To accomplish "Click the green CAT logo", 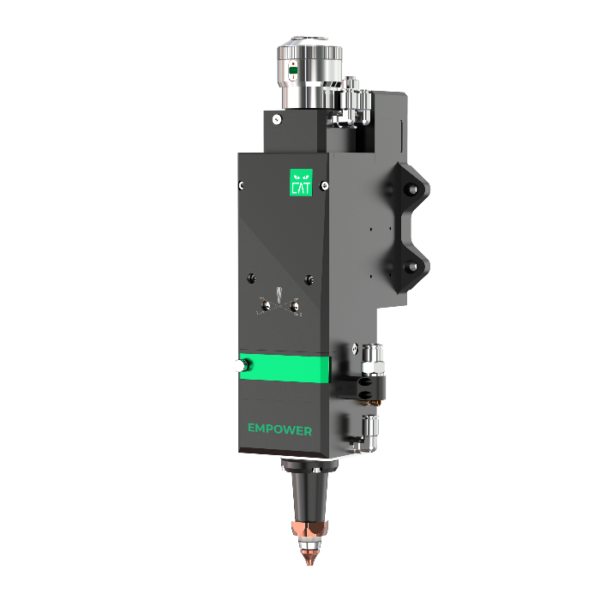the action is (301, 183).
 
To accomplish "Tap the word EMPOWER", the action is (279, 429).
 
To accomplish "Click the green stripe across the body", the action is (285, 368).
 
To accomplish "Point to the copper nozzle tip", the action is (309, 557).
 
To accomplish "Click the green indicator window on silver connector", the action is (293, 70).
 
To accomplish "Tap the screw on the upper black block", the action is (277, 120).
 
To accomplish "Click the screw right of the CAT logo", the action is (324, 186).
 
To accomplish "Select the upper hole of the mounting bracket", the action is (412, 189).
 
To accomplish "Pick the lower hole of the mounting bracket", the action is (411, 267).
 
